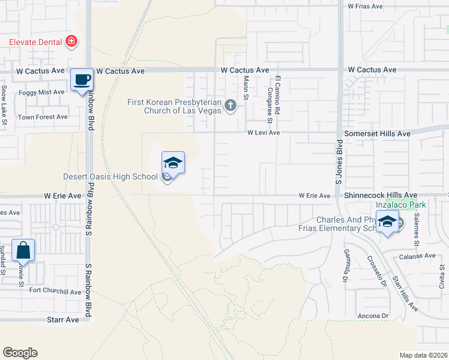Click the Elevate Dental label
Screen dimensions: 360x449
[x=35, y=42]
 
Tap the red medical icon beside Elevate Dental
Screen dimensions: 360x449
[x=72, y=41]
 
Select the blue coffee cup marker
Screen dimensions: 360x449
[x=82, y=79]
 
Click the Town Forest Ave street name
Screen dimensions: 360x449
[x=43, y=117]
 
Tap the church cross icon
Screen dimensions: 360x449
[x=230, y=106]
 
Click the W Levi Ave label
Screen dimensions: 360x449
[x=265, y=133]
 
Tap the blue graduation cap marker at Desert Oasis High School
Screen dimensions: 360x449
[x=172, y=163]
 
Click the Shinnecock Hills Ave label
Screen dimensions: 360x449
[x=381, y=196]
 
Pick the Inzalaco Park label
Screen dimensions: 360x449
[x=400, y=205]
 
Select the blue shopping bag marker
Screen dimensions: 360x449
[x=23, y=250]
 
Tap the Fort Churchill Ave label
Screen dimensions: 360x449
[x=55, y=292]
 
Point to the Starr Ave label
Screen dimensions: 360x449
[x=63, y=320]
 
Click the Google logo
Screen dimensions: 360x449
[x=20, y=353]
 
